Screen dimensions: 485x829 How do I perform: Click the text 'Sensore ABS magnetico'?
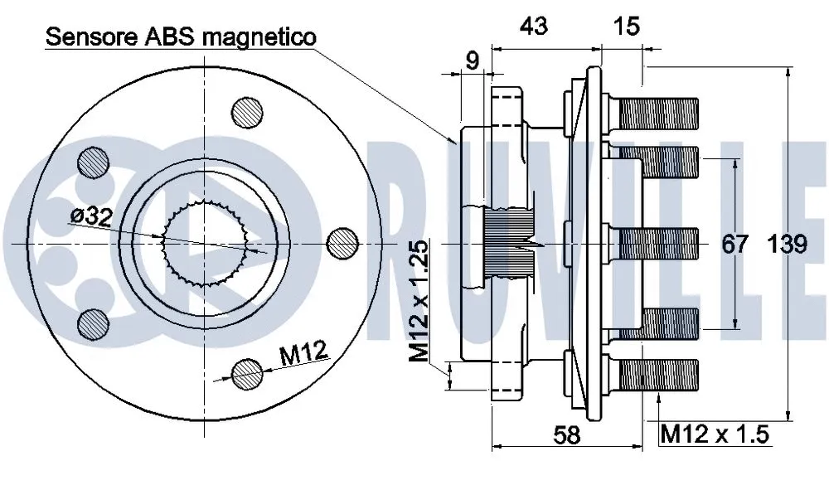[181, 36]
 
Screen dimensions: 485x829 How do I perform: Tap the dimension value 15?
[627, 27]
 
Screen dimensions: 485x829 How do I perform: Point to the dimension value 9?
[472, 60]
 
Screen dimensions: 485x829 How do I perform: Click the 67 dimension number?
[734, 245]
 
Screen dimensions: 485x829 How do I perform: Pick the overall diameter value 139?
[787, 245]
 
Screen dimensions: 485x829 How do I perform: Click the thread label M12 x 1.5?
[715, 434]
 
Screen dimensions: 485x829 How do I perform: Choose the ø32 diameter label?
[92, 216]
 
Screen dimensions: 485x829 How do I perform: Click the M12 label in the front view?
[302, 355]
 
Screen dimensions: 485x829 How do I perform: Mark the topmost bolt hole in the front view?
[247, 112]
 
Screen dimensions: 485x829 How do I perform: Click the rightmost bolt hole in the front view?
[342, 242]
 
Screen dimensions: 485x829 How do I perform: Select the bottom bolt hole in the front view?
[247, 374]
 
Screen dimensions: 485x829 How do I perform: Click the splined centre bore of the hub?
[207, 242]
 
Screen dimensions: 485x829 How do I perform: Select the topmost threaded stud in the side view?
[655, 113]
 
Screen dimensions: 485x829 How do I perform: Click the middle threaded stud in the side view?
[655, 242]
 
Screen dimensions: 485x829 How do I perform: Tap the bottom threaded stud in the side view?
[655, 373]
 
